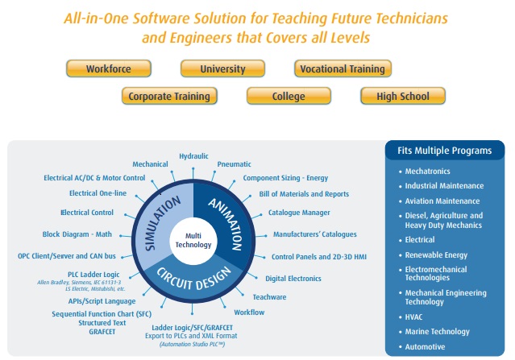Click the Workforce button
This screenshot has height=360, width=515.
click(x=109, y=69)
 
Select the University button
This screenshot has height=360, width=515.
click(x=223, y=69)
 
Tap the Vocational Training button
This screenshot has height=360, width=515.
click(x=343, y=69)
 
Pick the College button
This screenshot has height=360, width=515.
click(x=289, y=97)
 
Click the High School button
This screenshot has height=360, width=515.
click(x=403, y=97)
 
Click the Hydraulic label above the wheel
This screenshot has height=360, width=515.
click(x=193, y=155)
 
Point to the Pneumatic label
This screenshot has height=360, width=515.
click(x=234, y=163)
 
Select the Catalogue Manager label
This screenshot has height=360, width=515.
click(x=299, y=213)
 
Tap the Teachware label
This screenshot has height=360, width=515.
click(x=269, y=297)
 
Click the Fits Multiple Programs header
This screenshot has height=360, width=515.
click(x=444, y=151)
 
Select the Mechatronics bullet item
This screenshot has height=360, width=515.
click(x=428, y=172)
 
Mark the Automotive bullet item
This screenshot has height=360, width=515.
click(x=426, y=346)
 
